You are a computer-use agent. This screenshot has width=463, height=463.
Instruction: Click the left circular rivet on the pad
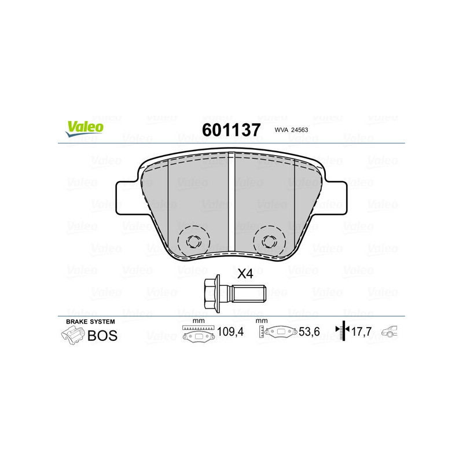coord(193,240)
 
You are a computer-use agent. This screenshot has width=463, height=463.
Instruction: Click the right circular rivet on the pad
coord(269,240)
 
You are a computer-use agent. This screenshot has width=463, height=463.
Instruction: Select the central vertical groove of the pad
coord(231,203)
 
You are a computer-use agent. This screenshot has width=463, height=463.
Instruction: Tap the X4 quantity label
coord(246,274)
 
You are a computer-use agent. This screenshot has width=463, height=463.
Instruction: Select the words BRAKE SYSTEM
coord(90,321)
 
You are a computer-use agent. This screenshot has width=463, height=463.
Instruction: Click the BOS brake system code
coord(102,335)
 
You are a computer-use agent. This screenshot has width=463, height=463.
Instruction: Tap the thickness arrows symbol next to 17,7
coord(343,332)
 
